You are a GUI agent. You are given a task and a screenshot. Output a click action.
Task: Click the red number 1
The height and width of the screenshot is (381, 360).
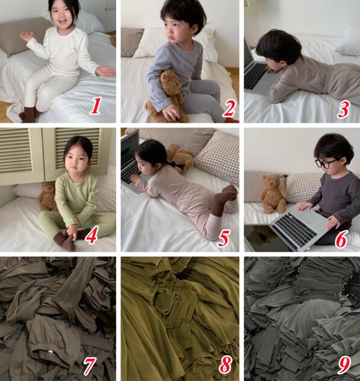[x=95, y=106]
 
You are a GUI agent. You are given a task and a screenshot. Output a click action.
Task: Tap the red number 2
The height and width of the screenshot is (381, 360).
[x=229, y=108]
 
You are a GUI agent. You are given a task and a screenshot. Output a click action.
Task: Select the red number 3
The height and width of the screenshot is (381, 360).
[x=344, y=110]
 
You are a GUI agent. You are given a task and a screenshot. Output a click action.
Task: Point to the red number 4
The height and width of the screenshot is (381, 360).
[x=91, y=235]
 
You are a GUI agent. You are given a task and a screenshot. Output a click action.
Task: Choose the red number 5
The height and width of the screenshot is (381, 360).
[x=223, y=238]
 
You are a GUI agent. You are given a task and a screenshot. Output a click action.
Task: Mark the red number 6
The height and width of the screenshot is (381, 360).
[x=341, y=240]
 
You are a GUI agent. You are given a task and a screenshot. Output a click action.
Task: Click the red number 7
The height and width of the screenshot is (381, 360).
[x=89, y=366]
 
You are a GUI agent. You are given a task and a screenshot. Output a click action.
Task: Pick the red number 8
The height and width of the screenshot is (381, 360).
[x=225, y=365]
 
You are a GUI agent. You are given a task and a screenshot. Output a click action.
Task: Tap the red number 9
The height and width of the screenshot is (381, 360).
[x=344, y=365]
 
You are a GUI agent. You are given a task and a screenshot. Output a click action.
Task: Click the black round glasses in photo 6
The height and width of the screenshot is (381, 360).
[x=326, y=163]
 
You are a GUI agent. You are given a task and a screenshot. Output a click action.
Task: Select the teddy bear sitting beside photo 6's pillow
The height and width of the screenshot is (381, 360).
[x=272, y=194]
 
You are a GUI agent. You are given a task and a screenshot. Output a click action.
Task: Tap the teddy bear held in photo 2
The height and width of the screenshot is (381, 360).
[x=168, y=97]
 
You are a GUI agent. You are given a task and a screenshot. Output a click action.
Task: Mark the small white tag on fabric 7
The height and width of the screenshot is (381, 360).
[x=51, y=351]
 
